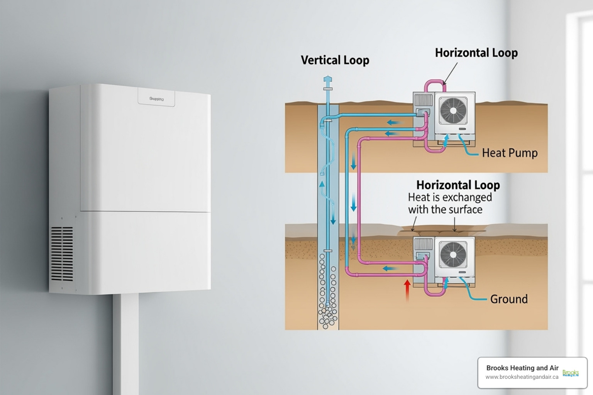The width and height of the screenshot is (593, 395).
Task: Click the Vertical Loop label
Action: coord(335,60)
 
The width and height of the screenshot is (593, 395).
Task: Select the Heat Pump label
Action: coord(509,153)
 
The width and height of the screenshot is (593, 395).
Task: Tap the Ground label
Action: coord(508,299)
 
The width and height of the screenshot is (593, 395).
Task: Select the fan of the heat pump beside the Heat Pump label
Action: coord(453,111)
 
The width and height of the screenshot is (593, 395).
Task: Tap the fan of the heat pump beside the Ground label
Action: coord(453,255)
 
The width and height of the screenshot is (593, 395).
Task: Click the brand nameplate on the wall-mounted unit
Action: coord(156,99)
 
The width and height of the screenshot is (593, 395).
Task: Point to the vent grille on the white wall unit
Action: coord(62,253)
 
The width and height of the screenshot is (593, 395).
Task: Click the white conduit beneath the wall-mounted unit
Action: coord(125,343)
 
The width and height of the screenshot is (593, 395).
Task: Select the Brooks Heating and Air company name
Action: coord(522,368)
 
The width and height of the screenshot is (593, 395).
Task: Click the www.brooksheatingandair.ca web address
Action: coord(522,377)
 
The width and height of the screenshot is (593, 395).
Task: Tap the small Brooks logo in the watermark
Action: coord(570,373)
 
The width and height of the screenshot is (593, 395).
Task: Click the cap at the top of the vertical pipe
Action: coord(327,80)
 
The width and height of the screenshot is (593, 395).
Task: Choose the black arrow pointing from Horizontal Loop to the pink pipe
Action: coord(451,73)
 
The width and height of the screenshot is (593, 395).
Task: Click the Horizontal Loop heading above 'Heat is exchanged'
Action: coord(458,185)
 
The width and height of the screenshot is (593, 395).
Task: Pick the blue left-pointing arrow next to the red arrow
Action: coord(390,268)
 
